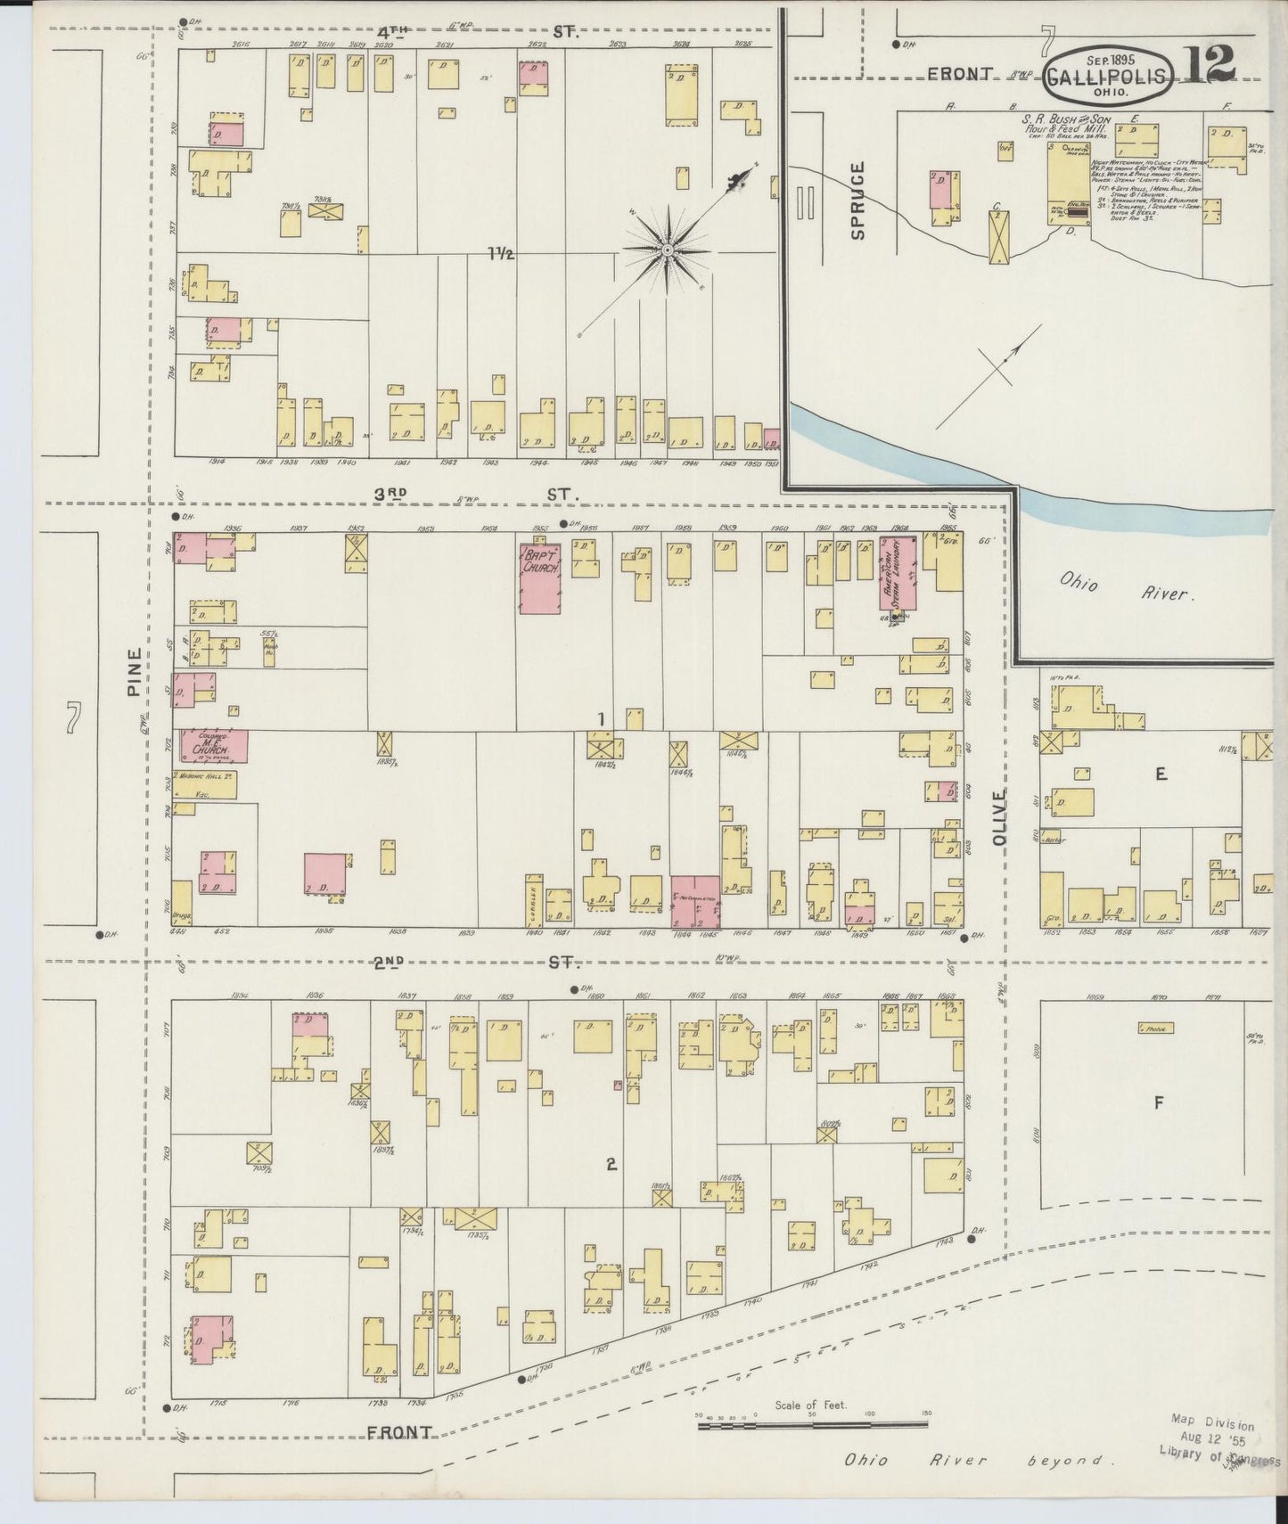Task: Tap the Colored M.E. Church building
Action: point(214,746)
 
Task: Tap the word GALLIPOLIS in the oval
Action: point(1105,76)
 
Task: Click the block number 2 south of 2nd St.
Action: point(611,1163)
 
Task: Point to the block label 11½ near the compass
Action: point(501,254)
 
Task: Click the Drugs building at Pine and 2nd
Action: point(182,903)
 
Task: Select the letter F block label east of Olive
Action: point(1159,1103)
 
